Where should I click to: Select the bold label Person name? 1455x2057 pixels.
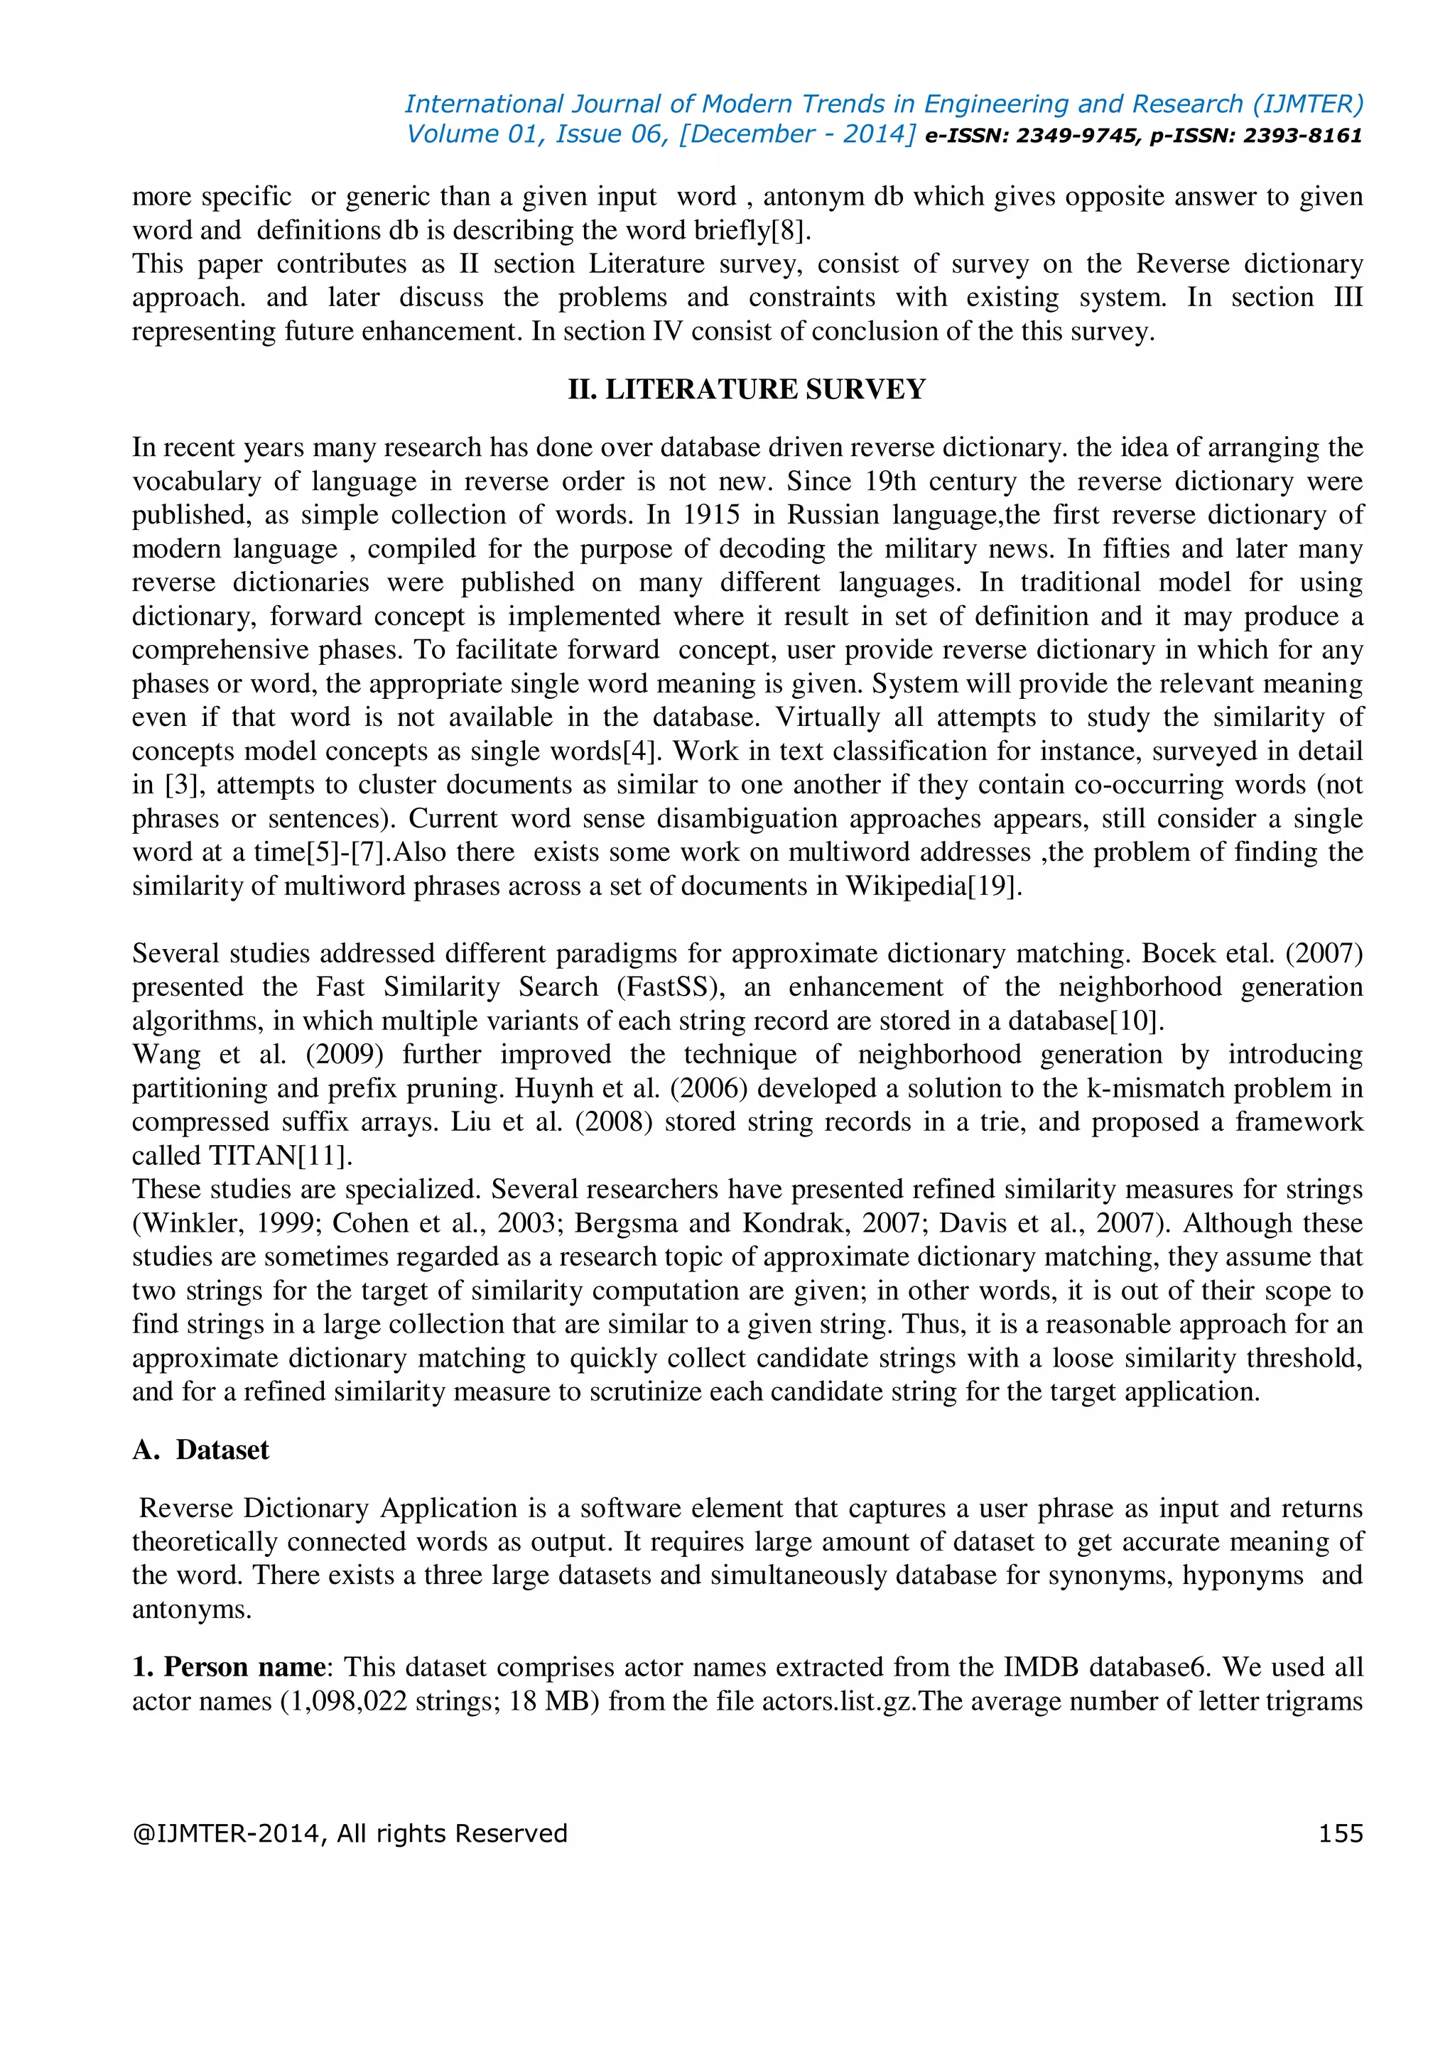[244, 1666]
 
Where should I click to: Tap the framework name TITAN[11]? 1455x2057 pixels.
[281, 1156]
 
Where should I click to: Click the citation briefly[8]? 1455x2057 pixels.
[752, 230]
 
